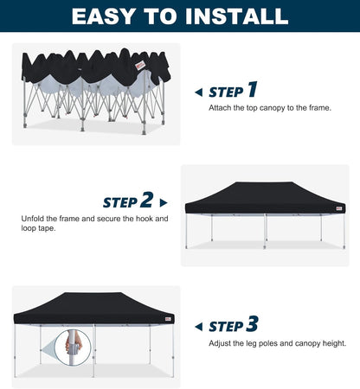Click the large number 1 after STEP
pyautogui.click(x=252, y=90)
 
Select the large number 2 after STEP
pyautogui.click(x=146, y=201)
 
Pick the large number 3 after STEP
pyautogui.click(x=252, y=325)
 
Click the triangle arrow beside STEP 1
pyautogui.click(x=198, y=92)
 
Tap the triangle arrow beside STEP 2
pyautogui.click(x=164, y=203)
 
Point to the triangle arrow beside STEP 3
pyautogui.click(x=198, y=327)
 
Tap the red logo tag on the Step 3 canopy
pyautogui.click(x=167, y=317)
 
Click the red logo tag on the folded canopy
pyautogui.click(x=140, y=62)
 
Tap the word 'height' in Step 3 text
pyautogui.click(x=333, y=343)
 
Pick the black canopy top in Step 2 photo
pyautogui.click(x=264, y=195)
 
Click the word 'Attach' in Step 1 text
pyautogui.click(x=220, y=108)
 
